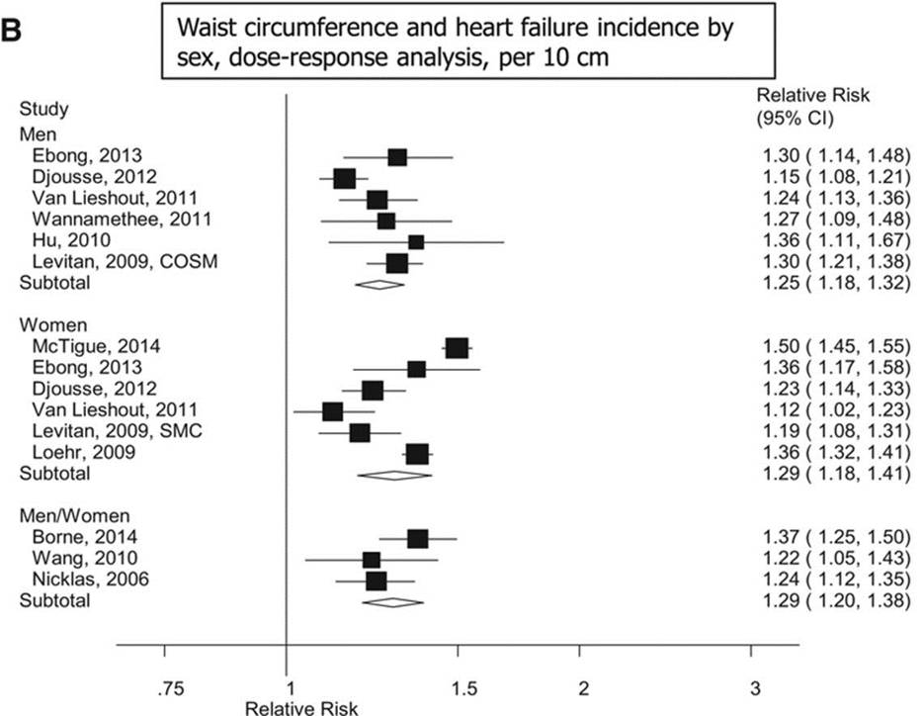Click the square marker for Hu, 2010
416,242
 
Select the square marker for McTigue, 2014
457,348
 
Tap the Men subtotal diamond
379,284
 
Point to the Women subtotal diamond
394,475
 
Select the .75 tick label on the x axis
164,687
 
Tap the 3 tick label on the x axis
753,687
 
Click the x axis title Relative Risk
288,708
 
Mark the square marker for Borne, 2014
417,538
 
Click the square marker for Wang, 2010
372,560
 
